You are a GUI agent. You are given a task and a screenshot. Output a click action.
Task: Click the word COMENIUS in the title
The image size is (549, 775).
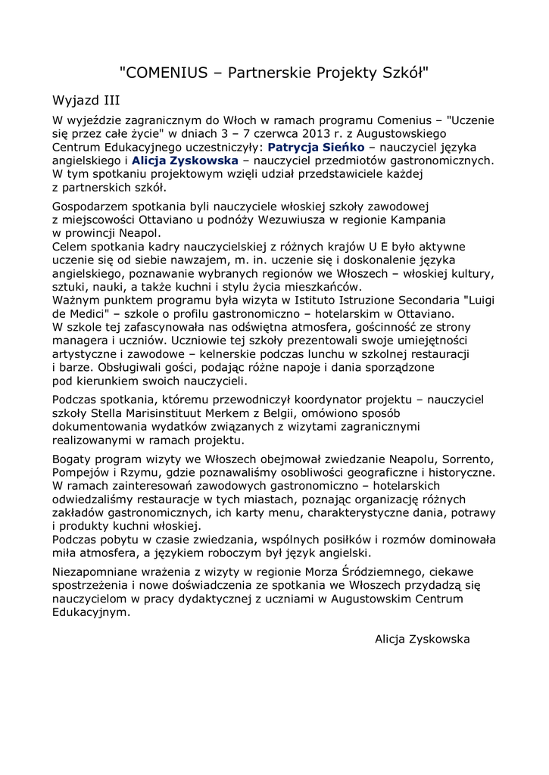tap(166, 73)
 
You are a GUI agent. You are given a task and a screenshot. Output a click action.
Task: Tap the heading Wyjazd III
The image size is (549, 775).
tap(86, 100)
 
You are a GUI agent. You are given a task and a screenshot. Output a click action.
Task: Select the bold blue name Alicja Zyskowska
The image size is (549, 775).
tap(186, 160)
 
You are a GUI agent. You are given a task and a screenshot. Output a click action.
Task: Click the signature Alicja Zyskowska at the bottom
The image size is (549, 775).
tap(423, 639)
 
